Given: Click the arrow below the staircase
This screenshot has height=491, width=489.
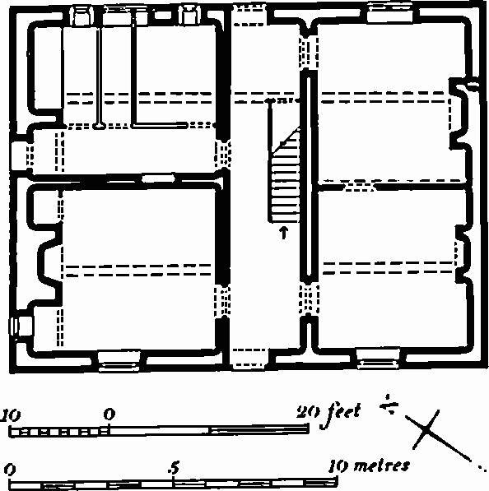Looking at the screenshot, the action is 284,233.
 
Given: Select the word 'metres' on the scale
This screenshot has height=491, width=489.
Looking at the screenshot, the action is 381,466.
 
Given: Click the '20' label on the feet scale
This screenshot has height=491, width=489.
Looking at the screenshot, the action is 306,412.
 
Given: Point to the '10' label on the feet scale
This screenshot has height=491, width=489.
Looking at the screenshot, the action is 10,415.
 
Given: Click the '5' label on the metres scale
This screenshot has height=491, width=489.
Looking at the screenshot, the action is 174,467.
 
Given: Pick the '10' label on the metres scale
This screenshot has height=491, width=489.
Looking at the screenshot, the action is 338,467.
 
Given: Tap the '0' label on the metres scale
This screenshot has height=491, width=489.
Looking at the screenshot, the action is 10,470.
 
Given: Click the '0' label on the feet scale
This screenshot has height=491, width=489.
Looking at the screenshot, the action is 109,415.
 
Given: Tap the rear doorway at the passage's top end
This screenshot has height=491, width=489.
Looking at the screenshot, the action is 249,15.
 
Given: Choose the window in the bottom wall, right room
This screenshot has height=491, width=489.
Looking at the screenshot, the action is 379,359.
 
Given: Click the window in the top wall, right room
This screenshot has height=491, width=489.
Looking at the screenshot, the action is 390,13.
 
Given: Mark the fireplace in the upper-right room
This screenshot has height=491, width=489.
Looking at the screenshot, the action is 460,113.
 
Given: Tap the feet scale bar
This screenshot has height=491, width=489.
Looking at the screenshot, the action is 159,430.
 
